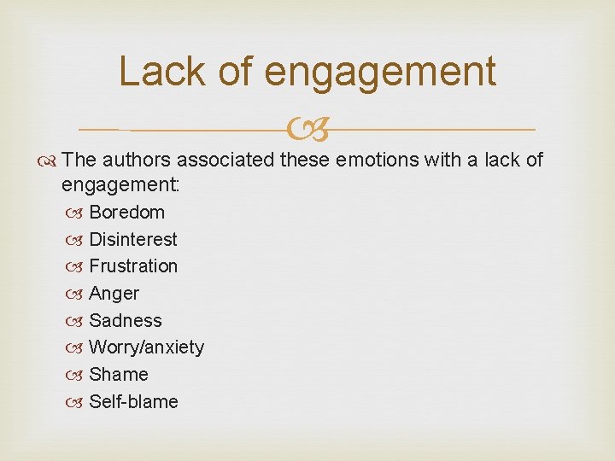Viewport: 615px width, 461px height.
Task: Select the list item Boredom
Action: [126, 212]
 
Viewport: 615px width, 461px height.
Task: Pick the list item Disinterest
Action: [132, 239]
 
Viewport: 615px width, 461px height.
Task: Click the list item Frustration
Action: [133, 266]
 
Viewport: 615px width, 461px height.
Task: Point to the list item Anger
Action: [114, 293]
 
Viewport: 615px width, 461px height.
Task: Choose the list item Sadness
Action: [125, 320]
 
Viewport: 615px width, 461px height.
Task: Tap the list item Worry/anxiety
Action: [146, 347]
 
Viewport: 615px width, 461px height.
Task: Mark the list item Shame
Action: [118, 374]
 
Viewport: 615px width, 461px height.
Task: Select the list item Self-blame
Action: [133, 401]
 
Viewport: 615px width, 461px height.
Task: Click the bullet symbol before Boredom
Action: [75, 213]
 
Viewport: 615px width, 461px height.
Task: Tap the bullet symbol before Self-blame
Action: [75, 402]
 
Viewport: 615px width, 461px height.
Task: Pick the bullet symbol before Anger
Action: [75, 294]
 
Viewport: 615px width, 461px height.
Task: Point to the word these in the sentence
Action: [304, 160]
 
